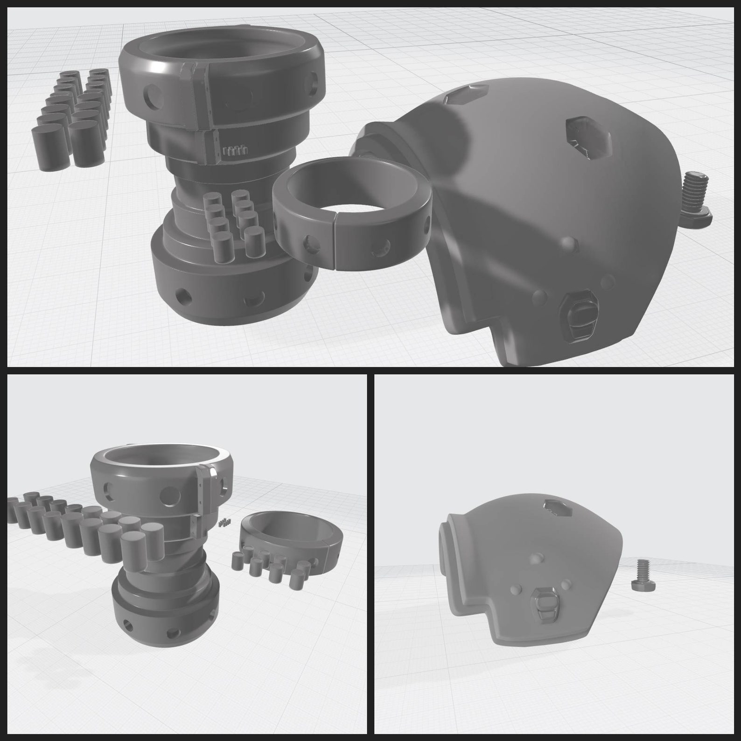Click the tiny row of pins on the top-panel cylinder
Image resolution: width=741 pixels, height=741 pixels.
coord(235,150)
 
